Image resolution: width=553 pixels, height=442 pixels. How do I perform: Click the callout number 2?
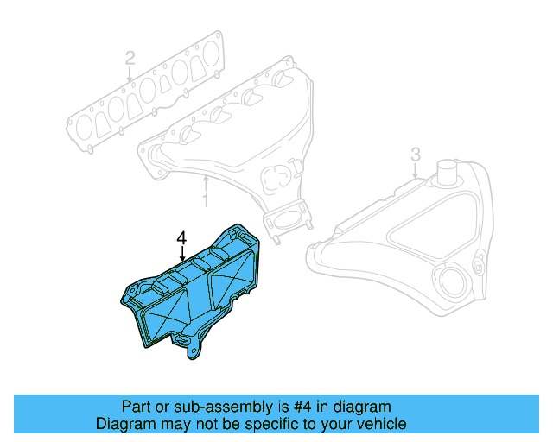130,59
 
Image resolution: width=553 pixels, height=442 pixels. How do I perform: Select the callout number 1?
206,200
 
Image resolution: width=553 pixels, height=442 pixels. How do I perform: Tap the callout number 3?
415,154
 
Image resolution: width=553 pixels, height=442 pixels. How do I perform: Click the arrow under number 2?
130,75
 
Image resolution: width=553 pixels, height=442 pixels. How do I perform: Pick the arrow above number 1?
206,183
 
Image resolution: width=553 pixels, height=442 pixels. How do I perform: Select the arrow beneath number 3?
415,170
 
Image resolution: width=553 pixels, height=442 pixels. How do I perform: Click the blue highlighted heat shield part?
186,298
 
